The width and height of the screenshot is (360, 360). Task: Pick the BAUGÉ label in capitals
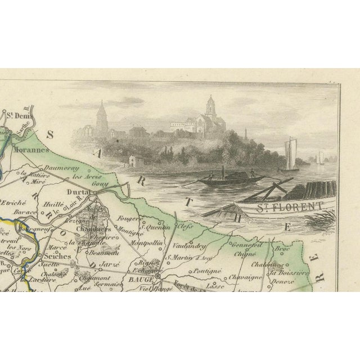(x=144, y=277)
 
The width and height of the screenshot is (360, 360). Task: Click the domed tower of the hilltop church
(x=210, y=106)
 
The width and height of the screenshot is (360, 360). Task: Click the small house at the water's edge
(x=135, y=160)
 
